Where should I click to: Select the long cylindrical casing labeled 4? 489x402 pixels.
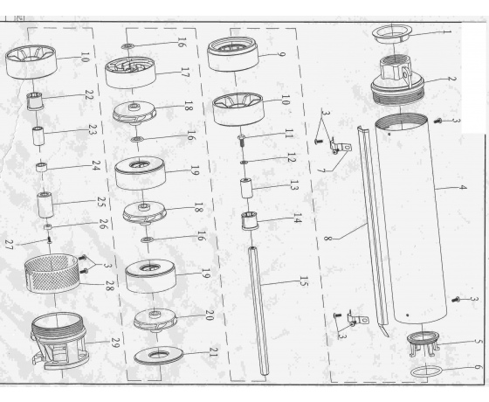(x=411, y=218)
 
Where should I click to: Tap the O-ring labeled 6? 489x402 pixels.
(x=427, y=371)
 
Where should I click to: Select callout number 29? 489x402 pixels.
(x=114, y=343)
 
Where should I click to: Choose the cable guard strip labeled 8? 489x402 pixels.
(x=373, y=231)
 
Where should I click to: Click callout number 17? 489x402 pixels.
(x=184, y=73)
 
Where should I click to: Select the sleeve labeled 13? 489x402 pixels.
(x=246, y=189)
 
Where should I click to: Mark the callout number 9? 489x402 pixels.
(x=280, y=54)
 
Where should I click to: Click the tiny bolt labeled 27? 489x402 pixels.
(x=49, y=239)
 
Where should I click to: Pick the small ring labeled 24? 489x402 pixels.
(x=42, y=167)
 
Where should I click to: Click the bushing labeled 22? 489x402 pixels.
(x=34, y=101)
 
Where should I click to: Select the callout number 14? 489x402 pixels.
(x=297, y=218)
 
